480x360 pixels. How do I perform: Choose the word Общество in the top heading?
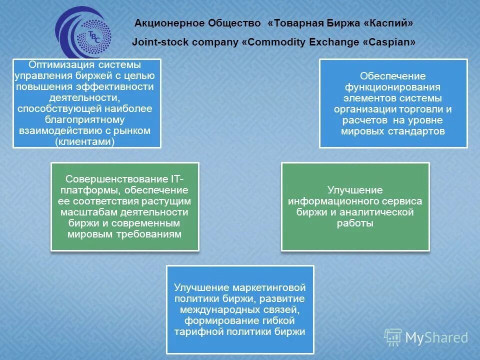point(234,23)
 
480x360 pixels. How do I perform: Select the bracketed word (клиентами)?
point(86,141)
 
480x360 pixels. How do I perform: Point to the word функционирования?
point(393,87)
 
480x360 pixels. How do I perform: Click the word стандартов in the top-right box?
point(417,131)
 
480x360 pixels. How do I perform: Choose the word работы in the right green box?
point(355,223)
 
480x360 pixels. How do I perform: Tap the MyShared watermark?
point(427,337)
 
